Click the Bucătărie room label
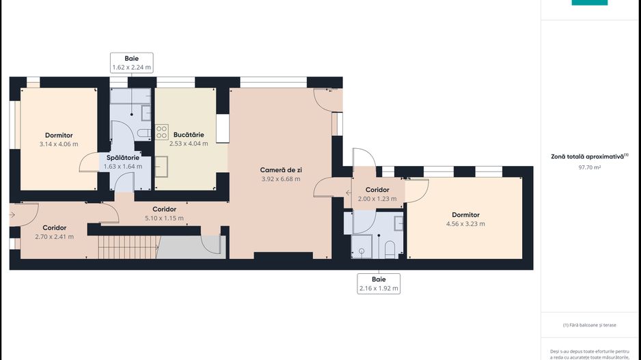click(x=189, y=135)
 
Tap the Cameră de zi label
click(x=281, y=170)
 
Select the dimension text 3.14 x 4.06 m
click(x=59, y=144)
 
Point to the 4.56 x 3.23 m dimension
click(x=465, y=224)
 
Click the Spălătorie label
click(x=123, y=158)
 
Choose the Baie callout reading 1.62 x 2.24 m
click(x=132, y=63)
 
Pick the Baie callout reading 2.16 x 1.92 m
click(x=379, y=283)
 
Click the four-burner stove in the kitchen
click(x=161, y=132)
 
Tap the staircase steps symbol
click(x=128, y=247)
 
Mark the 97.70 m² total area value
click(x=590, y=167)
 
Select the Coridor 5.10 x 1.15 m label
click(x=164, y=214)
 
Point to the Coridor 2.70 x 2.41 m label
click(x=55, y=232)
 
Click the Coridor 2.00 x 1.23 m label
click(x=377, y=194)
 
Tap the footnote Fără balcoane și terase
click(x=590, y=325)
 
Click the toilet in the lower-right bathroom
click(x=390, y=249)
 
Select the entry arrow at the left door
click(x=12, y=215)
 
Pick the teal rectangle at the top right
click(x=590, y=3)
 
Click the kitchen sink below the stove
click(x=161, y=166)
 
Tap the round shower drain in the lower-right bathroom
click(x=362, y=251)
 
